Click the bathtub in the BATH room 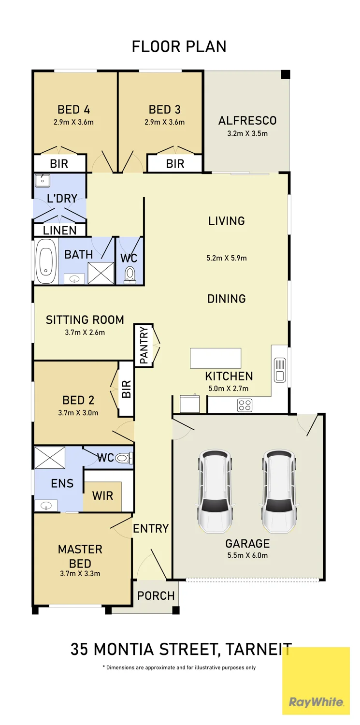tap(46, 261)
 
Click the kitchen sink tap(280, 370)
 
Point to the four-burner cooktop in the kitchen tap(245, 405)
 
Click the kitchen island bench tap(216, 358)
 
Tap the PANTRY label tap(144, 345)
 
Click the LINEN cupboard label tap(60, 231)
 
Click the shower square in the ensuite tap(50, 457)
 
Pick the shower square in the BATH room tap(101, 273)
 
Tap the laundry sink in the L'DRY tap(43, 181)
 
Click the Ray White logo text tap(316, 702)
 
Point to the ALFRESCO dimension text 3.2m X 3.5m tap(247, 133)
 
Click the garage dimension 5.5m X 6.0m tap(247, 555)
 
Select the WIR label tap(102, 496)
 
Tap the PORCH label tap(156, 595)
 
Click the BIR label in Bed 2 tap(126, 389)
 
